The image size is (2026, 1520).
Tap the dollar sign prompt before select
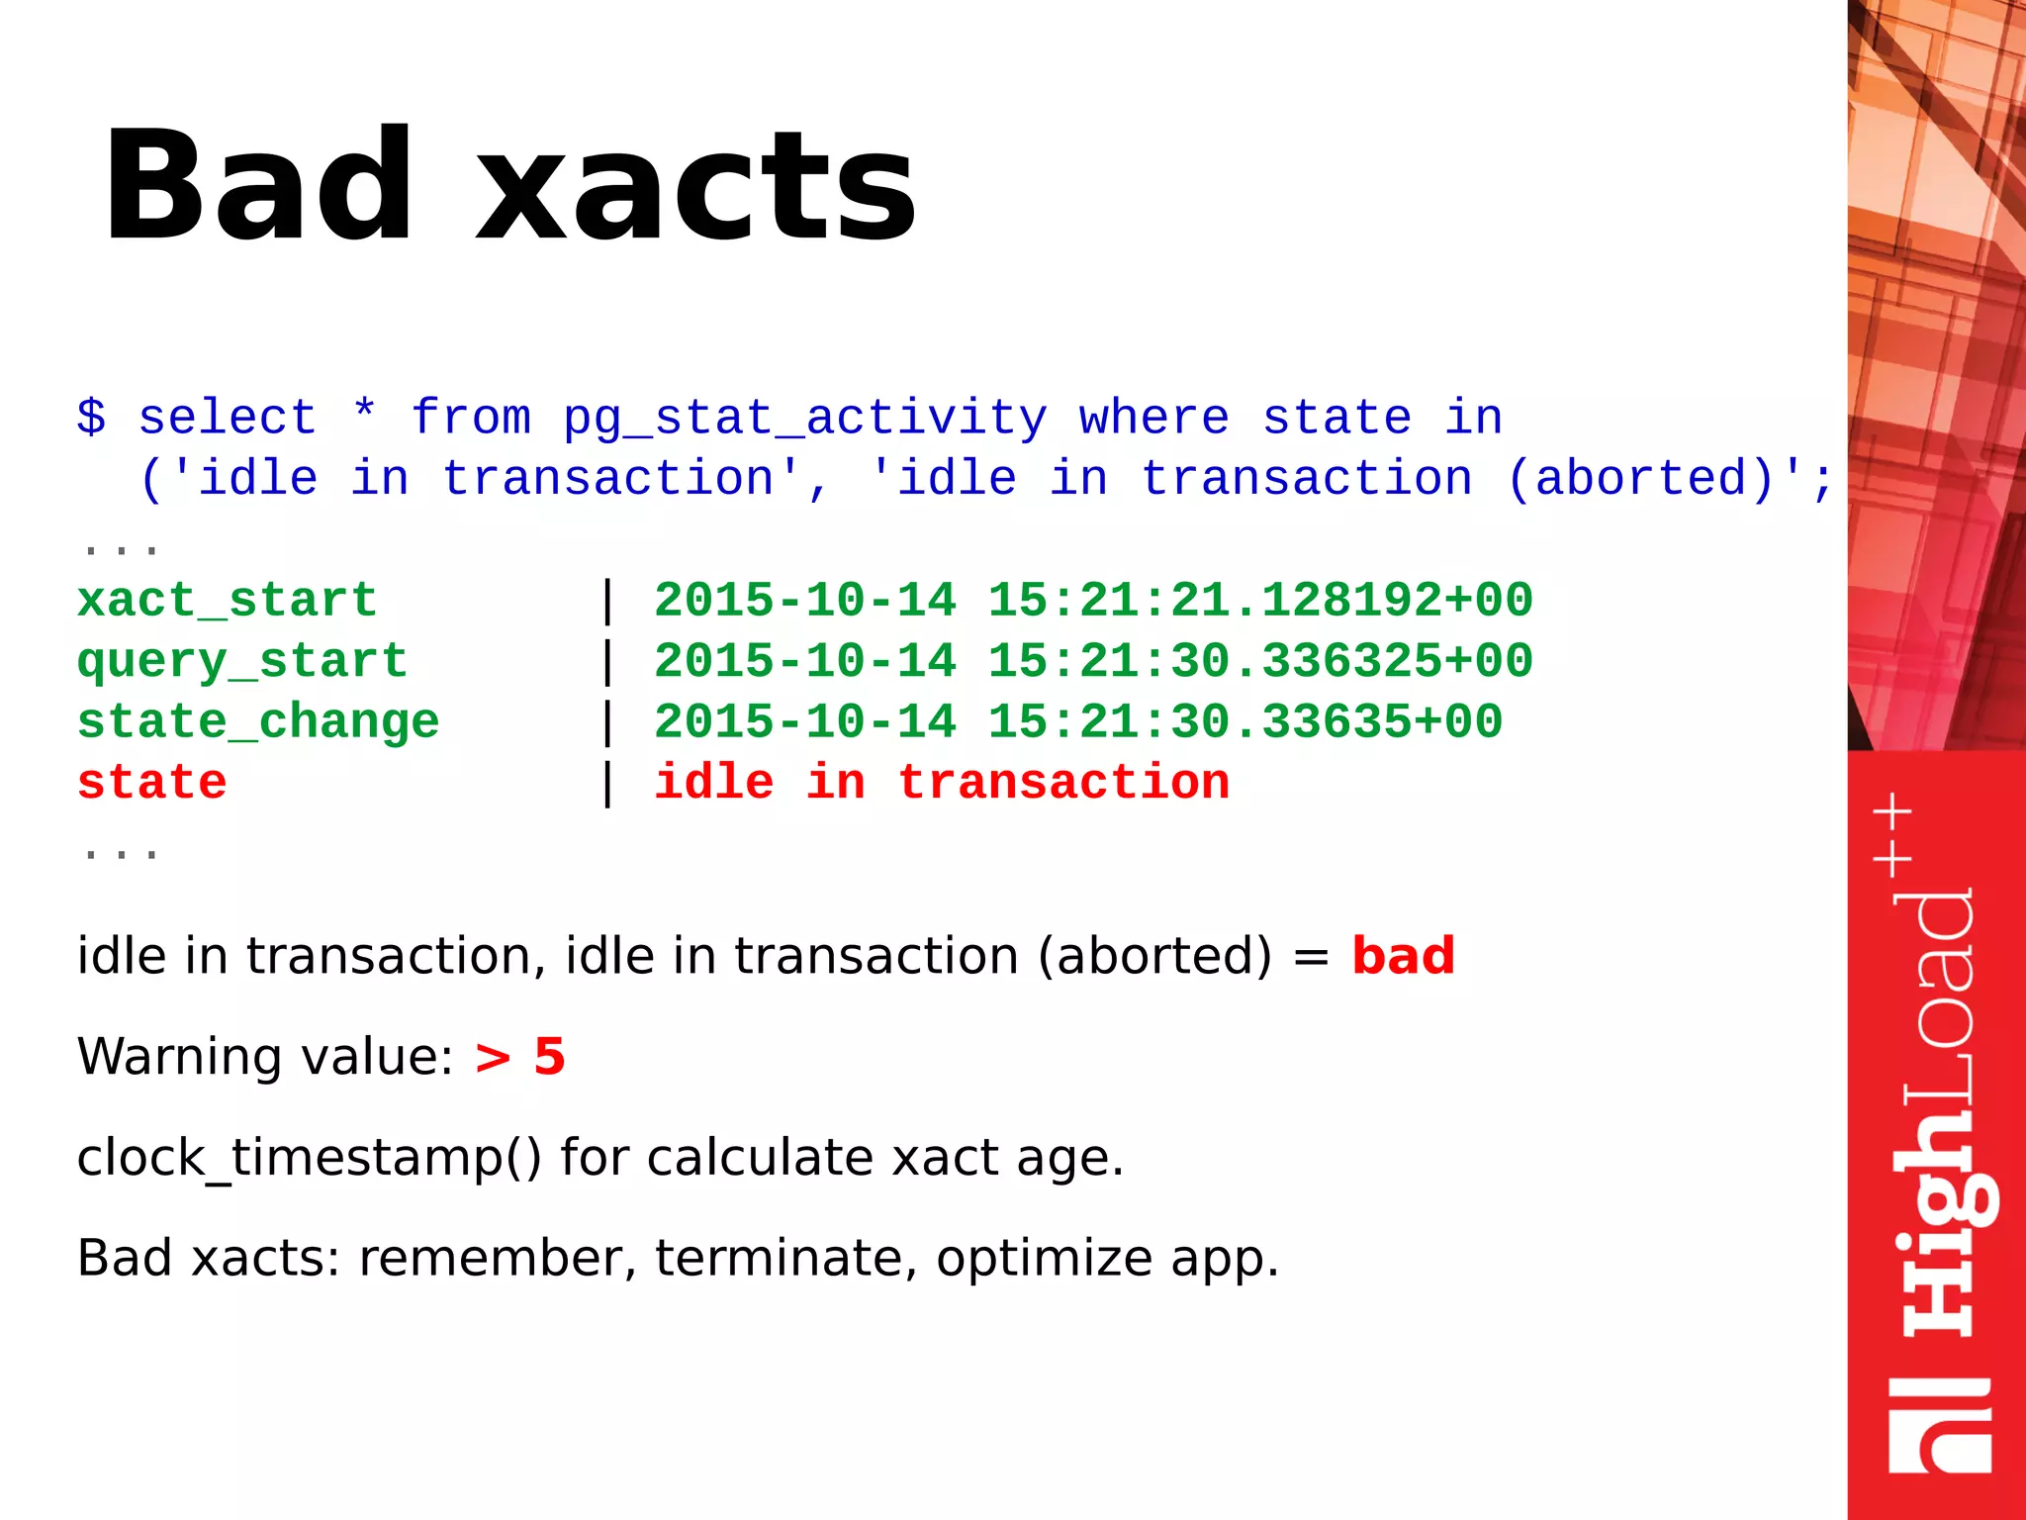91,417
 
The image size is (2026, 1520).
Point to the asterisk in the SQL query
364,411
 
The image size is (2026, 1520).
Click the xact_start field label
227,601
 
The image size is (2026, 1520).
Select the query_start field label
241,662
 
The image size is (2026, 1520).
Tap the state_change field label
257,722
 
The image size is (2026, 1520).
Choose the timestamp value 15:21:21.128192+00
1260,601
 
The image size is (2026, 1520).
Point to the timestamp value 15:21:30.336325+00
1260,662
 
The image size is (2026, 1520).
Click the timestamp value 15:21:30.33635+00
1245,722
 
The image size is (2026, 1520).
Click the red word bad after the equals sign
1403,956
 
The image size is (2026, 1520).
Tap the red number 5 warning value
549,1057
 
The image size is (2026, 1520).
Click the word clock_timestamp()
309,1158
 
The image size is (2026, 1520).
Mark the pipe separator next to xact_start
607,601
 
